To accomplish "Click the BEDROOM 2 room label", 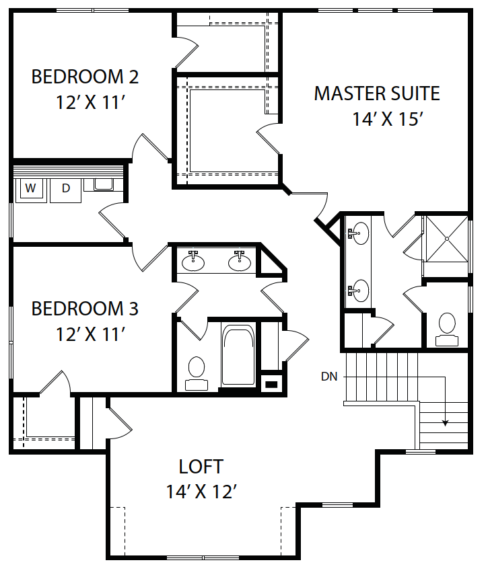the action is (x=85, y=77).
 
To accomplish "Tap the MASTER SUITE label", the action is (x=377, y=93).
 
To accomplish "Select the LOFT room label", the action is (x=201, y=467).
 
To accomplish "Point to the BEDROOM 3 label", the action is (x=85, y=309).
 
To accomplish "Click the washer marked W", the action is (x=31, y=190).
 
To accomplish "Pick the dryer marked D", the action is (x=65, y=190).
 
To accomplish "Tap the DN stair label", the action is (x=329, y=377).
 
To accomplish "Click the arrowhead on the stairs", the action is (x=446, y=423).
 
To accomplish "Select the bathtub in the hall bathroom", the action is (x=238, y=355).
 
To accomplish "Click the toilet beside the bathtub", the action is (x=197, y=373).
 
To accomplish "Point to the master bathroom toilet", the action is (x=447, y=330).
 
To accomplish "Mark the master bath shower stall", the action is (x=447, y=239).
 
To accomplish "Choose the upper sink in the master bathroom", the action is (x=358, y=233).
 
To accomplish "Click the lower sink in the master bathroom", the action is (x=358, y=291).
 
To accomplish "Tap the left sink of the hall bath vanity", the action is (x=193, y=261).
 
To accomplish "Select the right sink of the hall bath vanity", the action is (x=240, y=261).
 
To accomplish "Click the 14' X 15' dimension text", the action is (x=388, y=119).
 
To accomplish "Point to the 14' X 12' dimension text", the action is (x=201, y=492).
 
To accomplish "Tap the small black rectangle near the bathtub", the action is (x=271, y=385).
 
